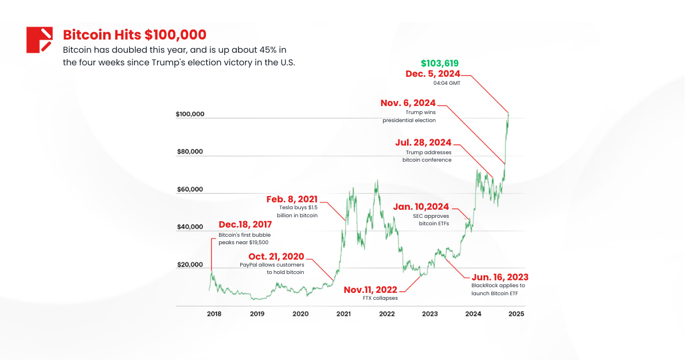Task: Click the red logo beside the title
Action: tap(40, 40)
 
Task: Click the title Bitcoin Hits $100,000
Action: tap(135, 34)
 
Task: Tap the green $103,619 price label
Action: tap(440, 63)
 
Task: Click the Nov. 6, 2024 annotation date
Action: tap(408, 103)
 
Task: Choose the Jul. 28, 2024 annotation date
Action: tap(424, 142)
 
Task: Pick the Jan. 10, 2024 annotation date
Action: tap(421, 206)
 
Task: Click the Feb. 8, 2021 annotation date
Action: tap(292, 199)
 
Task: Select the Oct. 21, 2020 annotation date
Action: tap(276, 256)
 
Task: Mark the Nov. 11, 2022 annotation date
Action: tap(370, 289)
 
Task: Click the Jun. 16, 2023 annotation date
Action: tap(500, 277)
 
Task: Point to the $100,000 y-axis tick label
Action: tap(190, 114)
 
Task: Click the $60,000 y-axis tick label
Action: tap(190, 189)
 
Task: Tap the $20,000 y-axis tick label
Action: tap(190, 265)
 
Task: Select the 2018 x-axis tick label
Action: tap(214, 314)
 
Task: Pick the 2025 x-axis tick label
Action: tap(516, 314)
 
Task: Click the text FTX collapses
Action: tap(380, 298)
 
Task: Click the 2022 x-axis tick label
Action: tap(387, 314)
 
